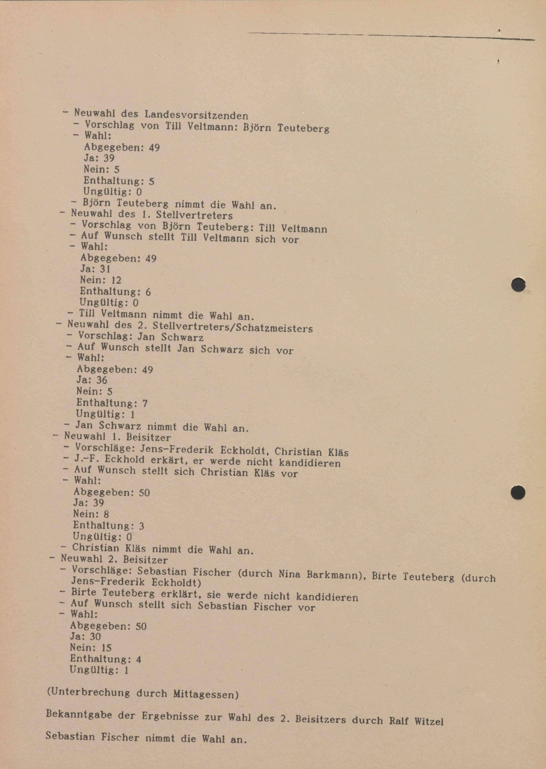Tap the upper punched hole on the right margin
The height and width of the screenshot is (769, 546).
point(518,285)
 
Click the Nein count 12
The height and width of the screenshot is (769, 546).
point(116,280)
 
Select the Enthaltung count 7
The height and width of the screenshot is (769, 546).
point(145,403)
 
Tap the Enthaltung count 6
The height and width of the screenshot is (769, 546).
point(148,292)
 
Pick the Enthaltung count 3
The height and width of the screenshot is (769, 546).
point(141,526)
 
